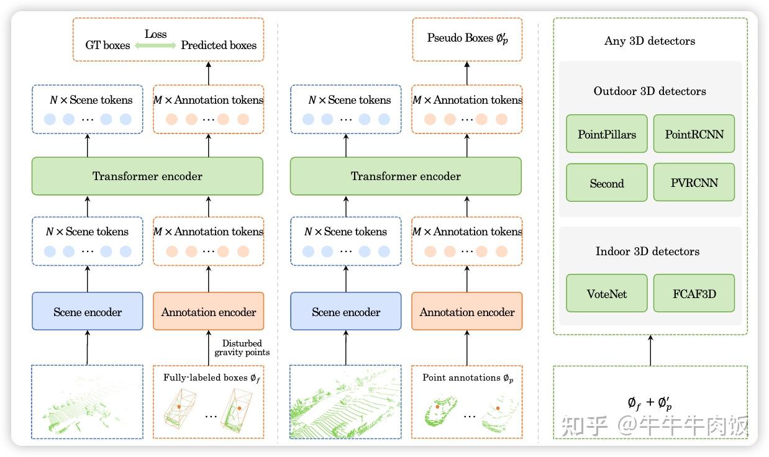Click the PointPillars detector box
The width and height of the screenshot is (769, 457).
[x=606, y=133]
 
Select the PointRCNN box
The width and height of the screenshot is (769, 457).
[x=694, y=133]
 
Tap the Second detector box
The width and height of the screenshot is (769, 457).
[x=606, y=183]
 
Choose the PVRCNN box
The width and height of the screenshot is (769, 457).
[x=694, y=183]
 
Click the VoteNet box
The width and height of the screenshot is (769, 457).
[x=606, y=293]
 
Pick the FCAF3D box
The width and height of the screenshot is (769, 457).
[x=694, y=293]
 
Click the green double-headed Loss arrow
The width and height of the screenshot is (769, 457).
[x=155, y=46]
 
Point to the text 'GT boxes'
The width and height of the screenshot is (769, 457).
[x=107, y=45]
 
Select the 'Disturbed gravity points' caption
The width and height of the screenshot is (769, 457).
[x=242, y=348]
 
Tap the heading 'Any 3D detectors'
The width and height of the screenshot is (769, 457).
[x=649, y=41]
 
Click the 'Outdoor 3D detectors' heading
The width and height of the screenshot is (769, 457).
[x=649, y=91]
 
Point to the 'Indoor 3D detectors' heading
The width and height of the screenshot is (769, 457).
[x=647, y=251]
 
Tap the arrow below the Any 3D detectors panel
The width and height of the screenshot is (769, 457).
[x=650, y=350]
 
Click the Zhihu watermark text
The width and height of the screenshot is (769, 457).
[x=653, y=426]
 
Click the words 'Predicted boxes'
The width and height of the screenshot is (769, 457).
[x=218, y=45]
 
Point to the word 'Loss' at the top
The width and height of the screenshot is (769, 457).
[x=155, y=34]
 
